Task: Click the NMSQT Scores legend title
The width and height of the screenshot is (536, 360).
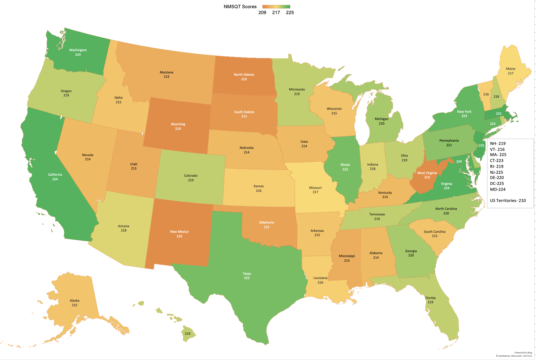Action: pyautogui.click(x=240, y=7)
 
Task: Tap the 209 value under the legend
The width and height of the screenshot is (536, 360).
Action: pyautogui.click(x=262, y=12)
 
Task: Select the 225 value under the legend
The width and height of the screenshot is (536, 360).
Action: pyautogui.click(x=290, y=12)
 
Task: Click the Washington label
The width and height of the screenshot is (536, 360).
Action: pyautogui.click(x=78, y=50)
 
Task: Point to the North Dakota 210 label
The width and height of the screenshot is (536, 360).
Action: pyautogui.click(x=244, y=77)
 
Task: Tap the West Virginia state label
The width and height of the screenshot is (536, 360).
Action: pyautogui.click(x=427, y=173)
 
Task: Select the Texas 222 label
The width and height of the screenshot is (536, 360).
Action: pyautogui.click(x=247, y=276)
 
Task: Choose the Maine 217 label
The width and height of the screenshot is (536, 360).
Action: pyautogui.click(x=510, y=71)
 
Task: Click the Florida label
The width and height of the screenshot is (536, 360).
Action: pyautogui.click(x=430, y=298)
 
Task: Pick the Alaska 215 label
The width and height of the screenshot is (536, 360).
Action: pyautogui.click(x=74, y=303)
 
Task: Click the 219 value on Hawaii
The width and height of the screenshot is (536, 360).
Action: pyautogui.click(x=187, y=333)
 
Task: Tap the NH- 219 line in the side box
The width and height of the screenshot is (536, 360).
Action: pyautogui.click(x=498, y=144)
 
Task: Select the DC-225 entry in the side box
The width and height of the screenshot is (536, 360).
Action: pyautogui.click(x=497, y=184)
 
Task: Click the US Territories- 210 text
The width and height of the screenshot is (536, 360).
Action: pyautogui.click(x=507, y=201)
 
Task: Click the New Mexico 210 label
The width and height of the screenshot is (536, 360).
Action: pyautogui.click(x=179, y=234)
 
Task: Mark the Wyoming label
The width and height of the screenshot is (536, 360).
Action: pyautogui.click(x=178, y=124)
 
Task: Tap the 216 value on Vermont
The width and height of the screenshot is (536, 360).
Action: pyautogui.click(x=486, y=94)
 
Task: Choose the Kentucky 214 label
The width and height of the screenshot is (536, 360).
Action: pyautogui.click(x=385, y=195)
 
